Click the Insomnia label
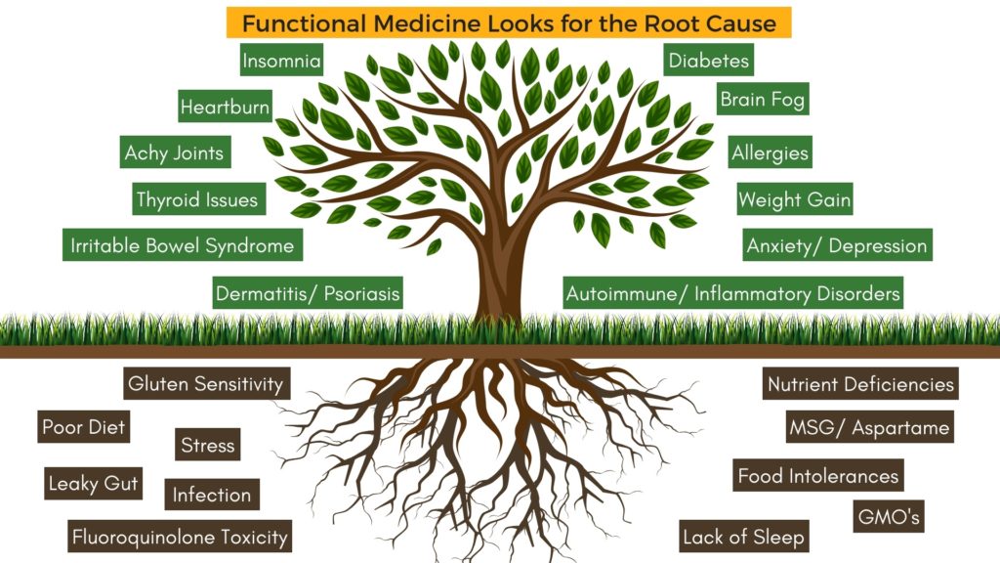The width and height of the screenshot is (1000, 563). pos(281,62)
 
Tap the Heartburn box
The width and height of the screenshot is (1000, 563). pos(225,108)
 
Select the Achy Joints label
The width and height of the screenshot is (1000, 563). pos(174,153)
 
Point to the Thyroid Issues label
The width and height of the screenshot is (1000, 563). pos(198,200)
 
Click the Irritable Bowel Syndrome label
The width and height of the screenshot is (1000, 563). pos(182,246)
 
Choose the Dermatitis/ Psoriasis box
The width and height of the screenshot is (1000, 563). pos(308,293)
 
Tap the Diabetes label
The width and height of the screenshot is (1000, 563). pos(709,61)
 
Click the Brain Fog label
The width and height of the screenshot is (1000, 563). pos(764,99)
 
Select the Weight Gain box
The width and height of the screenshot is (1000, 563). pos(794,200)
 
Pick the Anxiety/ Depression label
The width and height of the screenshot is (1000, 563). pos(836,246)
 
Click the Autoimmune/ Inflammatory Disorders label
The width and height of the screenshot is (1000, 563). pos(732,293)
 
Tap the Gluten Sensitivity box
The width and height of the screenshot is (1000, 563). pos(206,384)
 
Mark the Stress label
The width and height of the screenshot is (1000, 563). pos(208,446)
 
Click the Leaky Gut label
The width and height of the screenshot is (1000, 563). pos(94,483)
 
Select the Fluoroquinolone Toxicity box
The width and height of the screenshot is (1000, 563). pos(180,537)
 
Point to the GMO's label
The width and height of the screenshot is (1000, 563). pos(888,516)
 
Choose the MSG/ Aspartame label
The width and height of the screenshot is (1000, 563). pos(868,428)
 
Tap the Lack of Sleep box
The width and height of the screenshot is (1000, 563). pos(744,537)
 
